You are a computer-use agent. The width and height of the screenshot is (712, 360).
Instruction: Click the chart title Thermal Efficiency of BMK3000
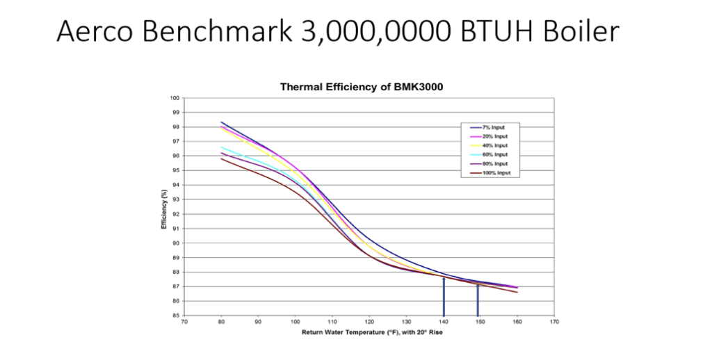[x=361, y=88]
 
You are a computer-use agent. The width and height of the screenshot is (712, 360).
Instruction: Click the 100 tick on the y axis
[x=175, y=98]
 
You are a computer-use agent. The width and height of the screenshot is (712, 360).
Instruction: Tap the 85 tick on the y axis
[x=176, y=316]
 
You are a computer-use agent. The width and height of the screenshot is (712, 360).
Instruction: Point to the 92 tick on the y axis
[x=176, y=214]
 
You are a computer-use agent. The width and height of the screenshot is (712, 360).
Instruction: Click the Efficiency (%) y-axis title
[x=164, y=207]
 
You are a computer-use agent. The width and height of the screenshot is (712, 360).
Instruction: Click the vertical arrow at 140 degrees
[x=444, y=295]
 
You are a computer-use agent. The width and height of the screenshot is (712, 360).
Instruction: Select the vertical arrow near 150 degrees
[x=478, y=300]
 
